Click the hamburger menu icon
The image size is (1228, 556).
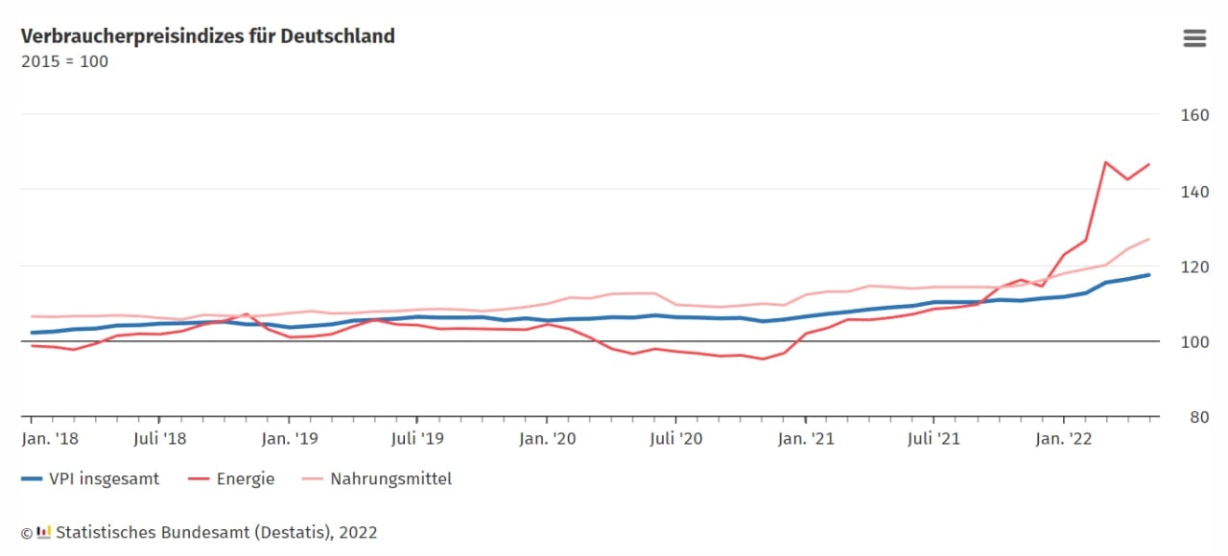click(1194, 38)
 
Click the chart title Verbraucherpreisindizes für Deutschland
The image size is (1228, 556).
click(208, 36)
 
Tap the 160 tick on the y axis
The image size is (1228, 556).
click(1194, 115)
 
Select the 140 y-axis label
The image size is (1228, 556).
click(1194, 192)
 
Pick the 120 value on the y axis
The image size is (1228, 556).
click(1194, 266)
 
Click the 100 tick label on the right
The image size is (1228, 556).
click(1194, 342)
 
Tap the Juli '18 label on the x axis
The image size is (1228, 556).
click(160, 439)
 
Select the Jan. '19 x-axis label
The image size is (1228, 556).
click(290, 439)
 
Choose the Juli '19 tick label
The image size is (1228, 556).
click(417, 439)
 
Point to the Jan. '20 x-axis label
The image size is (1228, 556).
click(548, 439)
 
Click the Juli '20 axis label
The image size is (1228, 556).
click(676, 439)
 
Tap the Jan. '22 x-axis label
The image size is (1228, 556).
click(1064, 439)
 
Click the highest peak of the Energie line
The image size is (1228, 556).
click(1106, 162)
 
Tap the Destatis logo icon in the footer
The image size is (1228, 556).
click(43, 532)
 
